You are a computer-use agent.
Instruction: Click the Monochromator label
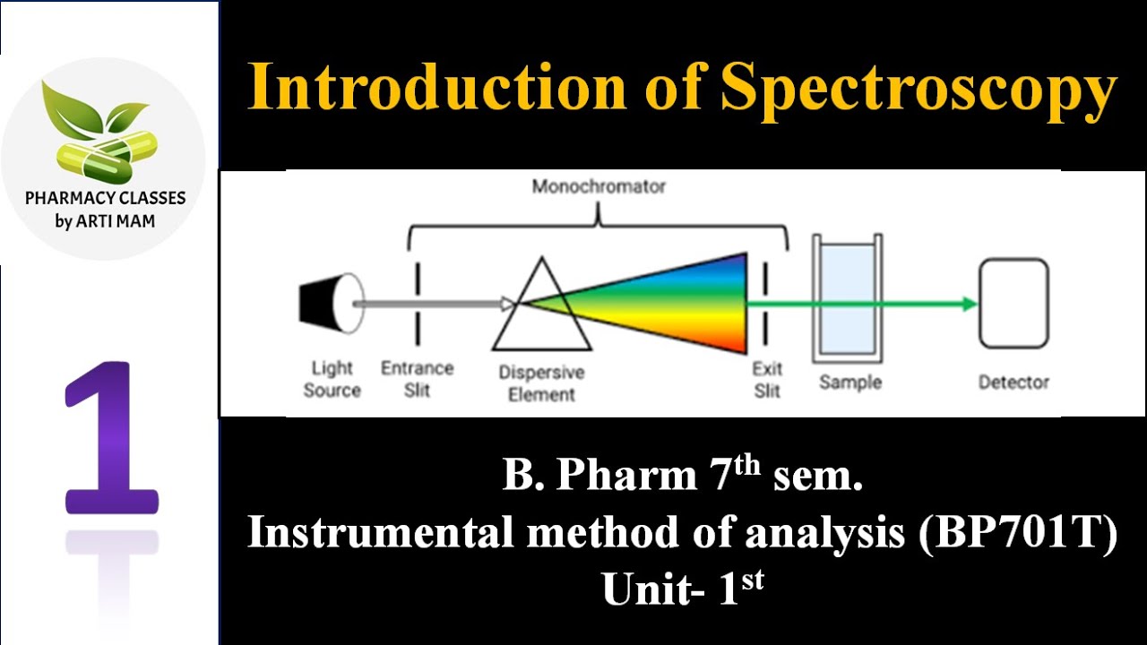(599, 187)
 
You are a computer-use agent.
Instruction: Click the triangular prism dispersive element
(541, 307)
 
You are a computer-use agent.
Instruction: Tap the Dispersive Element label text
(541, 383)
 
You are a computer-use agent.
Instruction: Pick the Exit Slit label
(767, 379)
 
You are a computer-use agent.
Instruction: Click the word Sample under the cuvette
(850, 383)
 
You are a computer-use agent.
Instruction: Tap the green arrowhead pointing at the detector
(968, 304)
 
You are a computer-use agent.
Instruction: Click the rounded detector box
(1013, 303)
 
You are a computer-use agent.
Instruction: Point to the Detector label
(1013, 383)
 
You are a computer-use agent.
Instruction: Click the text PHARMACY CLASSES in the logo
(105, 199)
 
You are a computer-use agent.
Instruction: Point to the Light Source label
(332, 379)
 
